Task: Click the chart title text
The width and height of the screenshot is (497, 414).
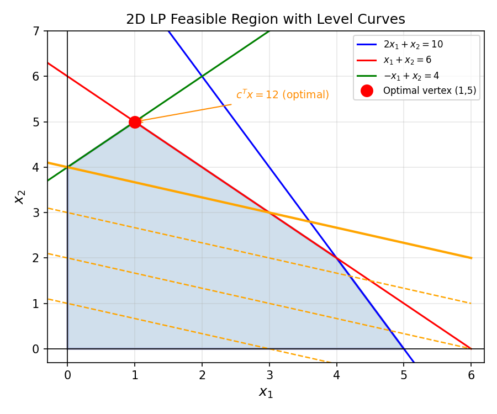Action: click(266, 19)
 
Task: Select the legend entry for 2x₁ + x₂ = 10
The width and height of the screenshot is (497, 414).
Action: click(413, 44)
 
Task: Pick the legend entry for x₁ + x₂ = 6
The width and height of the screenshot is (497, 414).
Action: click(405, 60)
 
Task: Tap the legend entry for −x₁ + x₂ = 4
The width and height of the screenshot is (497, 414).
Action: click(408, 75)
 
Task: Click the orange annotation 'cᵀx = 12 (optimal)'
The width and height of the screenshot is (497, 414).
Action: click(282, 95)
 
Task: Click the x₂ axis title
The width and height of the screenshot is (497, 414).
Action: click(20, 197)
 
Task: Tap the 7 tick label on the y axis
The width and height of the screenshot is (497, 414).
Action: click(36, 31)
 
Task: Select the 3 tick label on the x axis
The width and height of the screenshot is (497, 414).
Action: click(269, 375)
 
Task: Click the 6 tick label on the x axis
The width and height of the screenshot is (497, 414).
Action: click(472, 375)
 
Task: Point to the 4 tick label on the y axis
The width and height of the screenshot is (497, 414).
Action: click(36, 167)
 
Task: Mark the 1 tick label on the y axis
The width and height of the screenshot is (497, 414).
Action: click(36, 304)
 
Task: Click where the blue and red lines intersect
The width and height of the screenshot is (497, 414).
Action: click(337, 258)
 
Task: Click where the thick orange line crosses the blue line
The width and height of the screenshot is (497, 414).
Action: click(310, 221)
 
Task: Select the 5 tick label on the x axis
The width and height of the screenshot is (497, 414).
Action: click(404, 375)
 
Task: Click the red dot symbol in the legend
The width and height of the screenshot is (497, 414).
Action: click(367, 91)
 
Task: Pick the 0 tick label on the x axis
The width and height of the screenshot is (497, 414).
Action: click(67, 375)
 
